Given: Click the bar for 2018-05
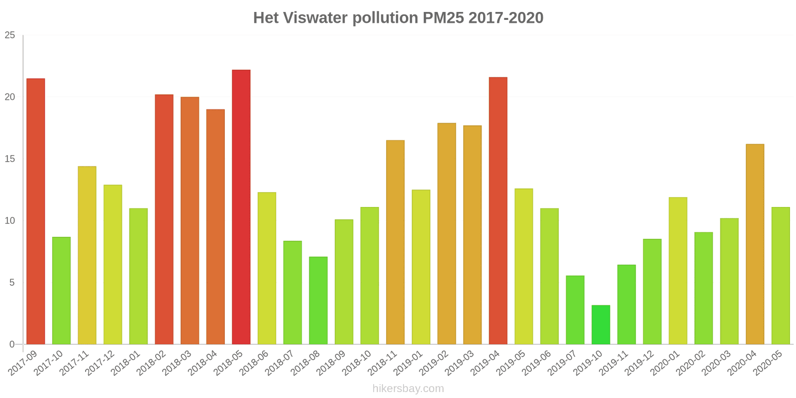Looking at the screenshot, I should click(x=241, y=207).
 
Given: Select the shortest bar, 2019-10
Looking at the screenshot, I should click(x=600, y=325).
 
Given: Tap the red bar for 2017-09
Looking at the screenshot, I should click(x=35, y=211).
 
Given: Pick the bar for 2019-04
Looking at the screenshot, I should click(x=498, y=211).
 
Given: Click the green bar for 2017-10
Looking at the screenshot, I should click(x=61, y=291).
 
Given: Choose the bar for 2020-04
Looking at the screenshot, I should click(x=755, y=244).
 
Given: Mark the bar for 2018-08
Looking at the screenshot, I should click(x=318, y=300).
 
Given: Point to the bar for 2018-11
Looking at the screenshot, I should click(x=395, y=242).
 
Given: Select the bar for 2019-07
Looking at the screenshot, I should click(x=575, y=310).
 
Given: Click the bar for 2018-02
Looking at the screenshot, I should click(x=164, y=219).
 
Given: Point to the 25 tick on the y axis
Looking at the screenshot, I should click(x=10, y=35).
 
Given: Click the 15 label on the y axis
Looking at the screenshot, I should click(x=10, y=159).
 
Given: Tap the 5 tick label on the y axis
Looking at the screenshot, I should click(x=12, y=283).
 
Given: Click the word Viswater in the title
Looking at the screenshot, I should click(x=315, y=18).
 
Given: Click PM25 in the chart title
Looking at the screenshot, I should click(x=443, y=18).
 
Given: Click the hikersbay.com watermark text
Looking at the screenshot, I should click(x=408, y=389).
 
